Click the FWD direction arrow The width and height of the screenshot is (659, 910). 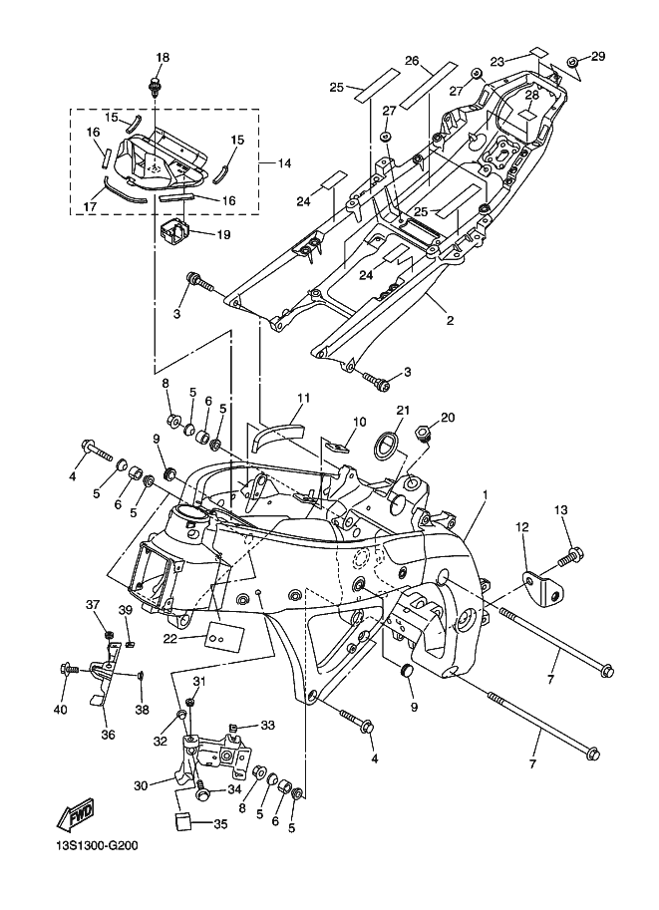click(x=75, y=813)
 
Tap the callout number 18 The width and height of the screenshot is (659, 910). click(x=163, y=58)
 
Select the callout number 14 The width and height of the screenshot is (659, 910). click(x=284, y=163)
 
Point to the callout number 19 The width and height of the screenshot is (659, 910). click(x=223, y=235)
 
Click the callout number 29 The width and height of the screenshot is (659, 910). click(x=598, y=56)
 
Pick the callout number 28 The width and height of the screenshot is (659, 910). click(x=531, y=95)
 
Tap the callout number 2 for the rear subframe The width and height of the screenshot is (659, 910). click(x=450, y=320)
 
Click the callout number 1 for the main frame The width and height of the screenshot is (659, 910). click(x=485, y=494)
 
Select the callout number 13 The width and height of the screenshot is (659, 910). click(x=561, y=510)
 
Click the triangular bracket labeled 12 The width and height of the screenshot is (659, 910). click(x=544, y=587)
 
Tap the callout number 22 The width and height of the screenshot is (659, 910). click(x=169, y=638)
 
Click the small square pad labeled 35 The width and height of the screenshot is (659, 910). click(x=185, y=822)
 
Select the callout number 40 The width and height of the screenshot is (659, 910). click(x=61, y=710)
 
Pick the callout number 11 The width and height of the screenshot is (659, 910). click(x=304, y=398)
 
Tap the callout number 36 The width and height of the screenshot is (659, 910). click(x=108, y=735)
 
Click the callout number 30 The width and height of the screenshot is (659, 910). click(x=142, y=785)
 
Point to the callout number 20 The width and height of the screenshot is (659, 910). click(x=448, y=418)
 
